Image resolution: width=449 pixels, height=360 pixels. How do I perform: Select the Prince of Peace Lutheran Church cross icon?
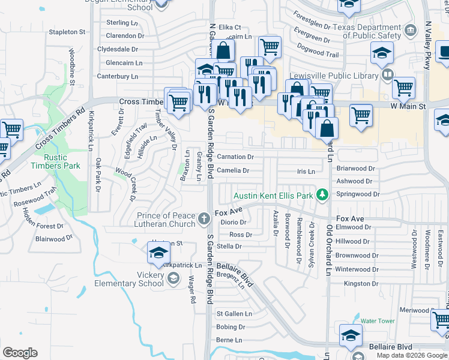pyautogui.click(x=204, y=218)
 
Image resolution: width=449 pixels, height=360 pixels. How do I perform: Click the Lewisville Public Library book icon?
pyautogui.click(x=388, y=75)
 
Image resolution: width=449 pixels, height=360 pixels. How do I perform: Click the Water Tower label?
pyautogui.click(x=378, y=321)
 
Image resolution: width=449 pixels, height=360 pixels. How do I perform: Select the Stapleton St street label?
pyautogui.click(x=71, y=31)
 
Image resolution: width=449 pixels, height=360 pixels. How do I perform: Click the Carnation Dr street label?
pyautogui.click(x=235, y=157)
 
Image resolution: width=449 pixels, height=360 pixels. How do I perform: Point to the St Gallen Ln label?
pyautogui.click(x=234, y=313)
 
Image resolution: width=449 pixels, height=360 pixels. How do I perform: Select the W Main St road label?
pyautogui.click(x=408, y=106)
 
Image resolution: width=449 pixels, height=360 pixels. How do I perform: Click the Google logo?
pyautogui.click(x=19, y=352)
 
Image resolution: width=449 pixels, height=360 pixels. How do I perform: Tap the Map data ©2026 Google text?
pyautogui.click(x=412, y=355)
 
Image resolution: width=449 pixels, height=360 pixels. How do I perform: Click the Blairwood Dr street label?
pyautogui.click(x=54, y=238)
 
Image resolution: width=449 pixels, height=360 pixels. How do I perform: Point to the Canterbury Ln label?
pyautogui.click(x=118, y=76)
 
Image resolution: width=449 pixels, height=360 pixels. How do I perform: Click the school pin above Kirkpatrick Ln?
pyautogui.click(x=157, y=252)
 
